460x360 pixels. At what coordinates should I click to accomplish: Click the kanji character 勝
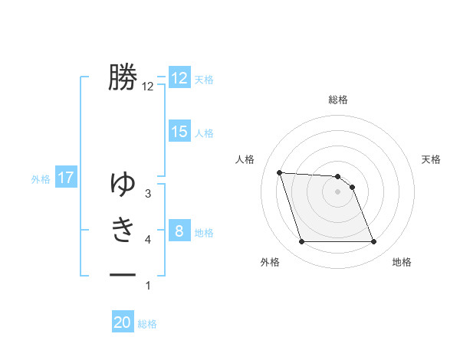[123, 78]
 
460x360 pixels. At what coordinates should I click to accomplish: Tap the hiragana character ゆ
[123, 184]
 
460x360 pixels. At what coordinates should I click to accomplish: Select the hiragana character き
[123, 229]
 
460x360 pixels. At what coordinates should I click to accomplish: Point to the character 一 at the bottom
[123, 274]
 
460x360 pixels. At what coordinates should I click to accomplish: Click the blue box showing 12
[179, 78]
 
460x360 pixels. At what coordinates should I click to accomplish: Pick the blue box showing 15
[179, 132]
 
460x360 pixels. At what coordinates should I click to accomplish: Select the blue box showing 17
[66, 178]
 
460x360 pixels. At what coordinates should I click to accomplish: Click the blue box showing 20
[123, 322]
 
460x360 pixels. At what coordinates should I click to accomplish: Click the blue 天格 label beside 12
[204, 79]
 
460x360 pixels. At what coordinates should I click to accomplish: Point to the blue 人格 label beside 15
[204, 133]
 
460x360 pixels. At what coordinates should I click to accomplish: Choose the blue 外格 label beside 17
[41, 179]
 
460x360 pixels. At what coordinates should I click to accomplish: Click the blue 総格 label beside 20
[147, 323]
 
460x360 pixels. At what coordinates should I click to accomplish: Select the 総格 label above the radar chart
[338, 100]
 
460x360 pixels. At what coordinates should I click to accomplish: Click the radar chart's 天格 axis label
[432, 159]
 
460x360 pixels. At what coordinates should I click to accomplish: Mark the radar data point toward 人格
[280, 172]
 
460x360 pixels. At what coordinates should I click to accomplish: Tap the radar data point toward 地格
[373, 242]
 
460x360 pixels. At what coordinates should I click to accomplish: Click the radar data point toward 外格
[301, 242]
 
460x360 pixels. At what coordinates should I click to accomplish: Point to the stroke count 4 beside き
[148, 240]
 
